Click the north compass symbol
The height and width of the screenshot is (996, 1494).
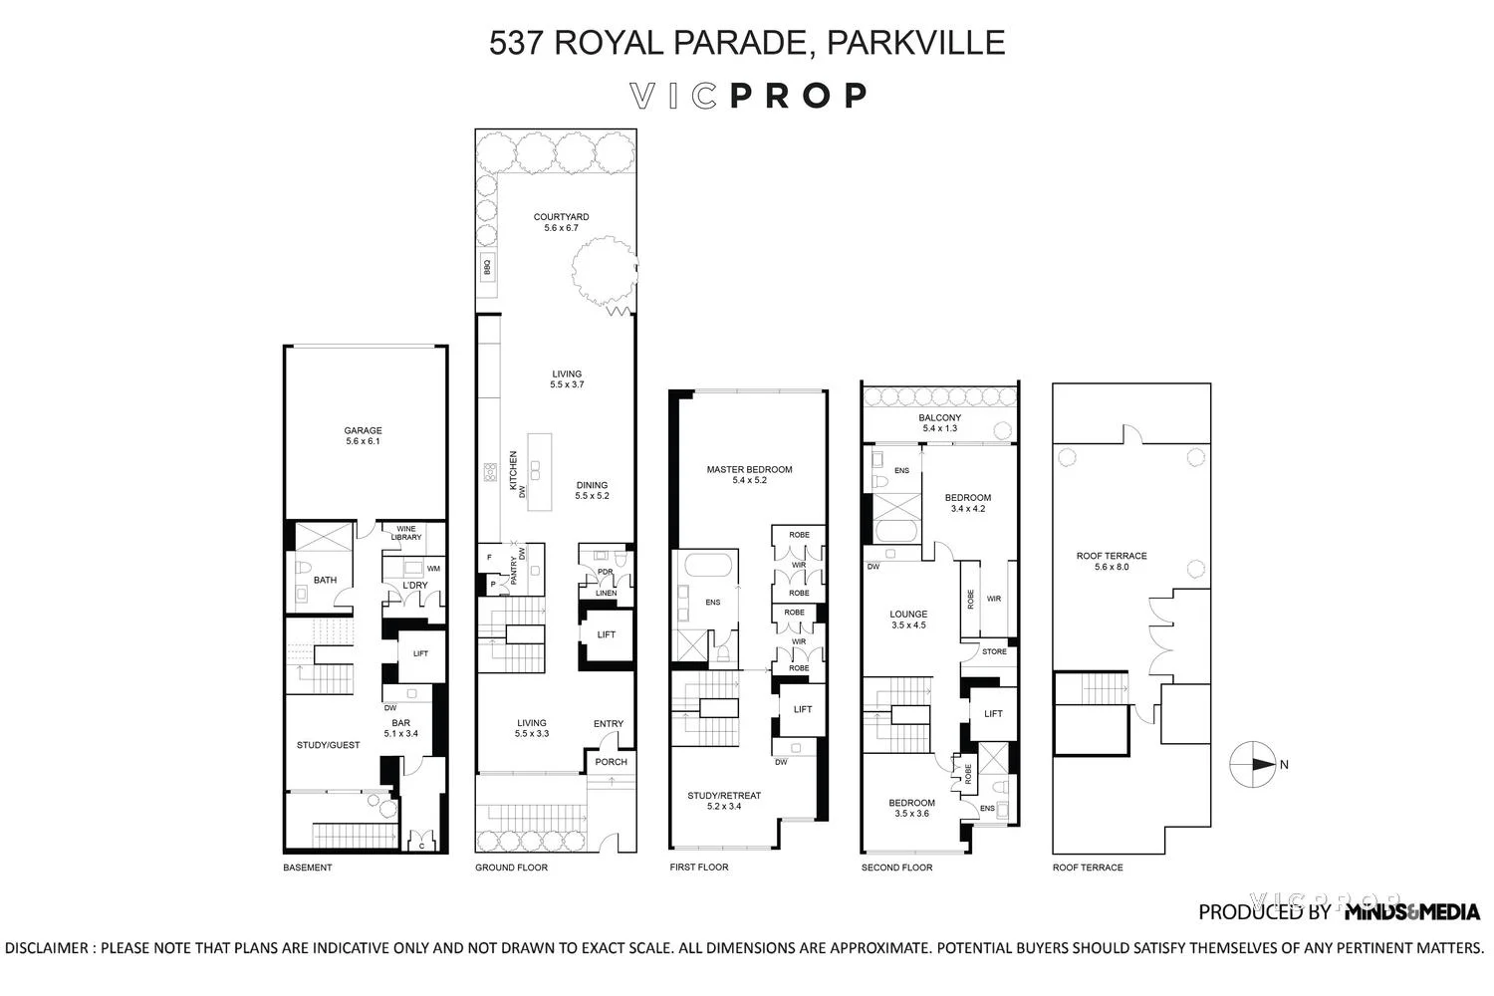coord(1252,765)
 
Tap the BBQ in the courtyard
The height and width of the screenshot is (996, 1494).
coord(487,267)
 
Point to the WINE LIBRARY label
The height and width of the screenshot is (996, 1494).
coord(406,533)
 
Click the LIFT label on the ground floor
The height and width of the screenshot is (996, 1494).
coord(607,634)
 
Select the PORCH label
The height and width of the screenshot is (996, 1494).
coord(612,762)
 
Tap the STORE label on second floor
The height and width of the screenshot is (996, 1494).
coord(994,651)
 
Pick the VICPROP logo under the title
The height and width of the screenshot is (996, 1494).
coord(748,96)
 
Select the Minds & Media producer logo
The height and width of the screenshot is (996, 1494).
coord(1411,911)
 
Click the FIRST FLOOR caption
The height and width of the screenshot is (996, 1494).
coord(699,868)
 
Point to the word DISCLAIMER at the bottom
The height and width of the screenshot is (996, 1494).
coord(48,948)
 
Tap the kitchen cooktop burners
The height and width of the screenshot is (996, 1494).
coord(490,473)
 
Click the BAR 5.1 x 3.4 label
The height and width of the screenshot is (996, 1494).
coord(400,728)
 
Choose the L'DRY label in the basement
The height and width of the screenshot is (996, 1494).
coord(415,586)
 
